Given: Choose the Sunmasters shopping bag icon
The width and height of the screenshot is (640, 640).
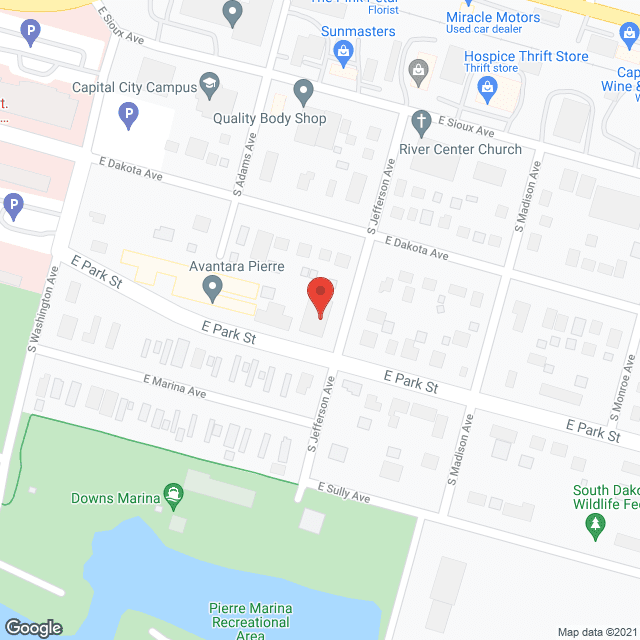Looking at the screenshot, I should [343, 50].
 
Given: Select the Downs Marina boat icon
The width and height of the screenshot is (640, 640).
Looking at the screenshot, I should [174, 493].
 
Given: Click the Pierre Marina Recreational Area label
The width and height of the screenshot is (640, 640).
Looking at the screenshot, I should [251, 621].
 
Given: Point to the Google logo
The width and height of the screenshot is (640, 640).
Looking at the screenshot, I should [32, 627].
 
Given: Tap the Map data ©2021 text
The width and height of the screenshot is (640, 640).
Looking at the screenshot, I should [596, 632].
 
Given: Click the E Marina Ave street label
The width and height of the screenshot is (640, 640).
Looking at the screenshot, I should [174, 388].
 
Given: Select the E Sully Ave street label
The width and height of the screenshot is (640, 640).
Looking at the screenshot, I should [344, 492].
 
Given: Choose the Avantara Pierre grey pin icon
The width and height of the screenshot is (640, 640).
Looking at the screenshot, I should [212, 289].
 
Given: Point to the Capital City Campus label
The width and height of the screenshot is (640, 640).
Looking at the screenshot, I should [135, 87].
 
